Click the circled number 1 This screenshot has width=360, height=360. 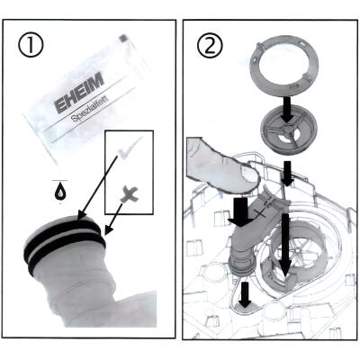[x=31, y=45]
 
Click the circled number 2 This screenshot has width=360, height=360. [x=211, y=47]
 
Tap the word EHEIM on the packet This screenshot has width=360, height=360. [x=80, y=92]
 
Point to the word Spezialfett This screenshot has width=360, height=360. [x=90, y=109]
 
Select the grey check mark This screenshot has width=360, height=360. [x=130, y=147]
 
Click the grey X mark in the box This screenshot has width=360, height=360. [x=130, y=194]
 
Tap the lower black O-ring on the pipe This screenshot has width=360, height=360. [x=67, y=251]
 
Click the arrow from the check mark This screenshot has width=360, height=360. [x=97, y=189]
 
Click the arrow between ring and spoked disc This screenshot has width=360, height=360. [x=286, y=109]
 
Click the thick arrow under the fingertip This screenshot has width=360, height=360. [x=240, y=212]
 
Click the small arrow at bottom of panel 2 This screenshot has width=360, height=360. [x=246, y=295]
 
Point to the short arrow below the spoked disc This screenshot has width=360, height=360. [x=287, y=174]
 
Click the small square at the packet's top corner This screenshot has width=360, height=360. [x=123, y=39]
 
